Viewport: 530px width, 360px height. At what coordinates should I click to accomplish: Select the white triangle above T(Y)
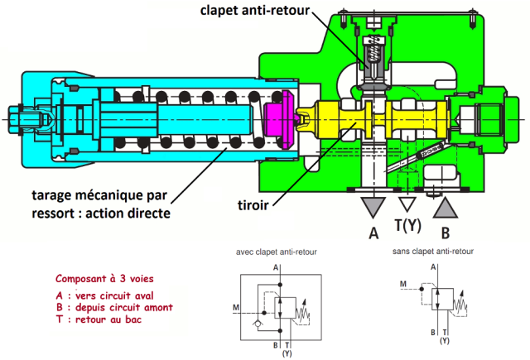406,204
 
